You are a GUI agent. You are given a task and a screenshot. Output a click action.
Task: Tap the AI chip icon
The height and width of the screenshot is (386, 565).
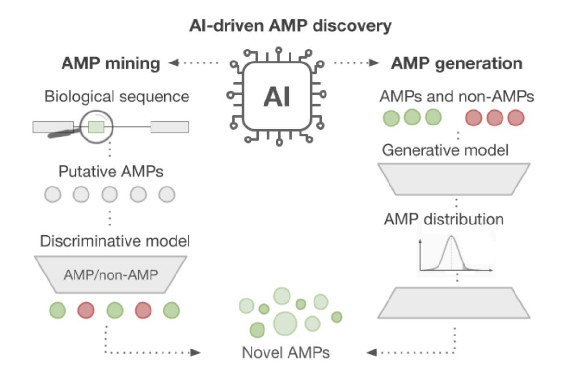click(276, 97)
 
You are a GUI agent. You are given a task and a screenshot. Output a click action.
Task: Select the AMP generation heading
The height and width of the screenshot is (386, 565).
click(457, 63)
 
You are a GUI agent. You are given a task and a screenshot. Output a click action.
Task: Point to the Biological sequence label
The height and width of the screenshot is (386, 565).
click(117, 97)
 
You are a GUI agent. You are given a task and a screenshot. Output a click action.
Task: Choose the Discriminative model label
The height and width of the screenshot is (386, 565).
click(115, 241)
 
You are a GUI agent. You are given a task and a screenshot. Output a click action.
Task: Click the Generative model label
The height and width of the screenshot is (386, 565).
click(445, 151)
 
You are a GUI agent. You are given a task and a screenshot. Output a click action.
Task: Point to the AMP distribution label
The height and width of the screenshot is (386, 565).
click(444, 219)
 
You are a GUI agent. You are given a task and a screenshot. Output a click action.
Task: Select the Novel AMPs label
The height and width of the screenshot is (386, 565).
click(286, 353)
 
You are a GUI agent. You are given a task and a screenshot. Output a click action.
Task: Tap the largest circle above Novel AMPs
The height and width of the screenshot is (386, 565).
click(285, 323)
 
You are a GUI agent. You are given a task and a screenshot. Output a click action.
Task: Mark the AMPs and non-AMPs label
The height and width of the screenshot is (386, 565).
click(456, 97)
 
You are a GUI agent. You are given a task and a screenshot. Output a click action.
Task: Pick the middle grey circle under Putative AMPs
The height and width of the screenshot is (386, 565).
click(110, 195)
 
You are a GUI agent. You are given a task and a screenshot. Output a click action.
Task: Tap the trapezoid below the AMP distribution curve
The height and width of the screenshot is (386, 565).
click(453, 302)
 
